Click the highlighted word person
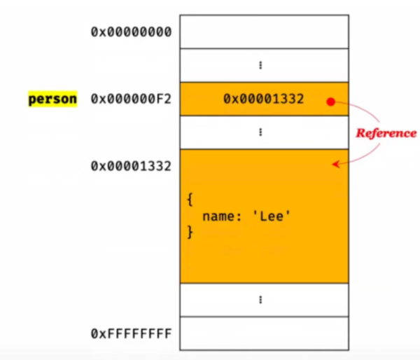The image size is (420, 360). [x=52, y=99]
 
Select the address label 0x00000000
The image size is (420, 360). [x=131, y=32]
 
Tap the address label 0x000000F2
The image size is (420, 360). [x=131, y=99]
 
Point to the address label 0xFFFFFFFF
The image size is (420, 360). [x=131, y=333]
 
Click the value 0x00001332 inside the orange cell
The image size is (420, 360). [x=263, y=99]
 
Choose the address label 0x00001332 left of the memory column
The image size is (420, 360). [x=131, y=166]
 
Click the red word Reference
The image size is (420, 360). [x=386, y=132]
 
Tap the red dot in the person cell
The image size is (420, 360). [x=330, y=101]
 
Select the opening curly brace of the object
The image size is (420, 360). [x=190, y=200]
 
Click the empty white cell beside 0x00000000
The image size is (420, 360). [x=263, y=32]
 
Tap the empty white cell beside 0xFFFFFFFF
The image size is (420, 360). [x=263, y=333]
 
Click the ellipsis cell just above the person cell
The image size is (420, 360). [x=263, y=65]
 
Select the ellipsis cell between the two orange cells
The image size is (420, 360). [x=263, y=132]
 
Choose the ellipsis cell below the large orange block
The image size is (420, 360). [x=263, y=300]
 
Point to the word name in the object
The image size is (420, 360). [x=218, y=216]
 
